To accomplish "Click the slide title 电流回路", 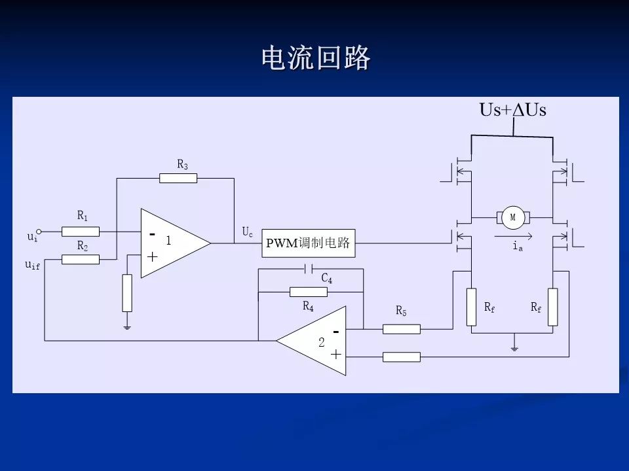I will point(316,59).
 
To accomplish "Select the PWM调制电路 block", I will point(308,243).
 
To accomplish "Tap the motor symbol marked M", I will point(513,217).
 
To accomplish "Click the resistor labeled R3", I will point(178,178).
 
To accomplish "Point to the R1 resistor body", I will point(81,231).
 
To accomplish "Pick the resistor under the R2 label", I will point(81,259).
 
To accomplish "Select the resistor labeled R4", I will point(309,292).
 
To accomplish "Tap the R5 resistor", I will point(401,329).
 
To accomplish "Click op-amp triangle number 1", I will point(172,243).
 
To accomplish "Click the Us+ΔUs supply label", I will point(513,110).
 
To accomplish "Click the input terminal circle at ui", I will point(39,231).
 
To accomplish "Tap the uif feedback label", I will point(32,265).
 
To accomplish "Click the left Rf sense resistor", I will point(471,306).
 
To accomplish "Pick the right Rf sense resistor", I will point(553,306).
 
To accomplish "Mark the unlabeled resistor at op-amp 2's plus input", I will point(401,357).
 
